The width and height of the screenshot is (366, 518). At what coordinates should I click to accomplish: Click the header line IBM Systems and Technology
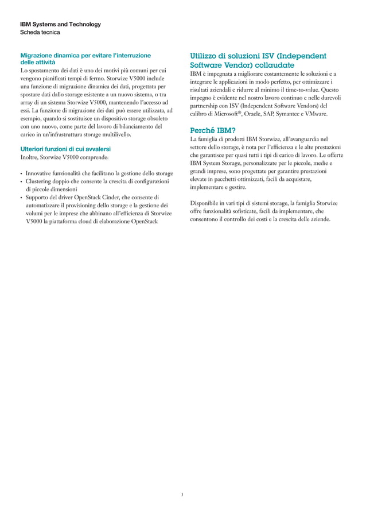tap(60, 24)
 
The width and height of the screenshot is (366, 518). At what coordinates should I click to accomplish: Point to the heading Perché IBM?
tap(213, 130)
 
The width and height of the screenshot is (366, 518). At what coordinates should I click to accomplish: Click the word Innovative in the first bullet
tap(40, 173)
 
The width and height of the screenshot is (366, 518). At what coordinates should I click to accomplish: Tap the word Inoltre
tap(29, 157)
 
